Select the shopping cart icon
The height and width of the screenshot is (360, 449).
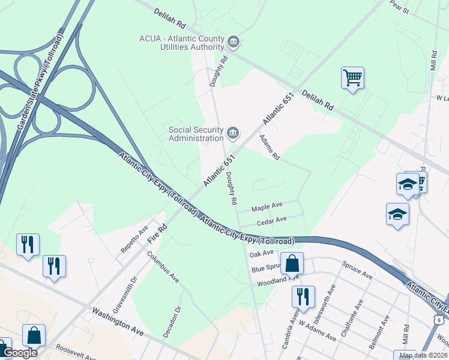[352, 77]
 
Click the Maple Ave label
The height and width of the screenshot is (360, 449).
[267, 206]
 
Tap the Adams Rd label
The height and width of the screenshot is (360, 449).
[270, 147]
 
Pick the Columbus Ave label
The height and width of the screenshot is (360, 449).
[163, 267]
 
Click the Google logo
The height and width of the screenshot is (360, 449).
[19, 353]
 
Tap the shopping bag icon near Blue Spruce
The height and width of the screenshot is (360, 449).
[292, 263]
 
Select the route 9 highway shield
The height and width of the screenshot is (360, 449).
[440, 320]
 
